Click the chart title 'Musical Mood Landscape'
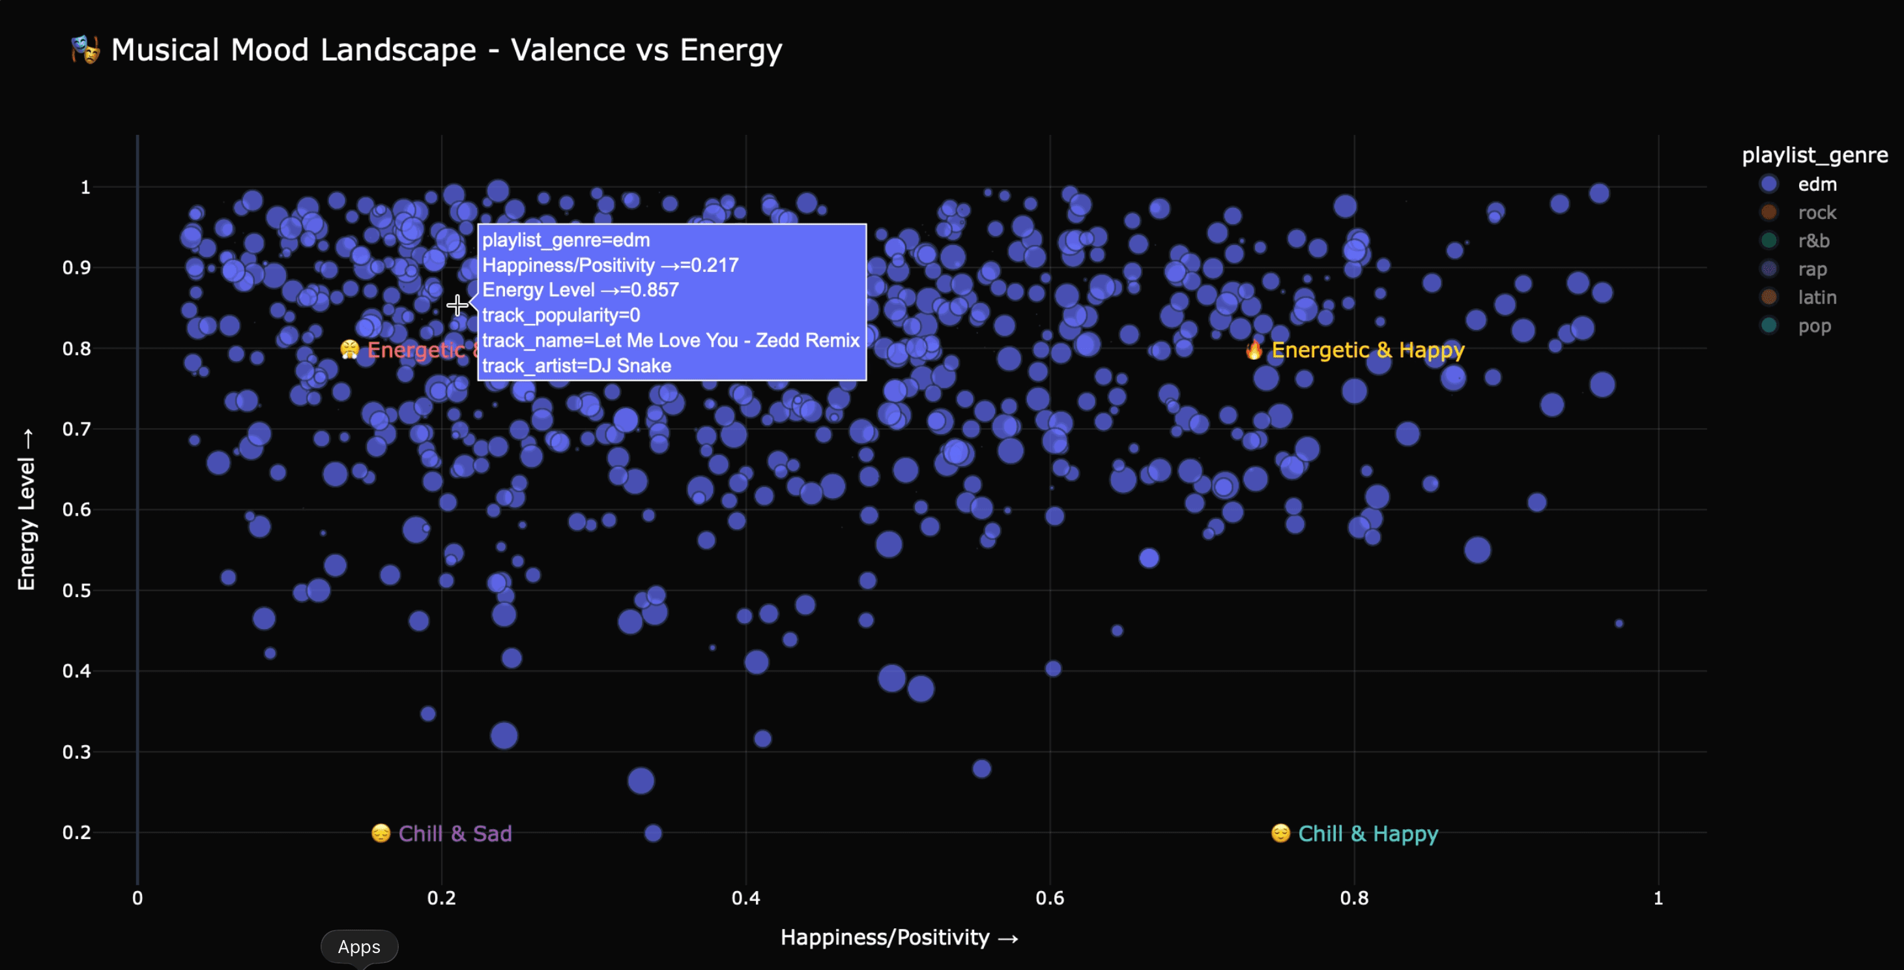[446, 50]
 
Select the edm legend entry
[1817, 184]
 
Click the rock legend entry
[1817, 213]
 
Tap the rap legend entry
[1812, 269]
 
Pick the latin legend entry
[1817, 297]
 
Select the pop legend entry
[1814, 326]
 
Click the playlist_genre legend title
[1815, 155]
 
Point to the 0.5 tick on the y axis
[76, 591]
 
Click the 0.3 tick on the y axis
[76, 752]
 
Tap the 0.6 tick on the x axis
[1050, 898]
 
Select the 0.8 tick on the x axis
[1354, 898]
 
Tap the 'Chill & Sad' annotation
[454, 834]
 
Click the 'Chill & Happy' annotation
[1367, 834]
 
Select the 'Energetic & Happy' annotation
[1367, 351]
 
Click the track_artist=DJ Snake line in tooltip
[577, 366]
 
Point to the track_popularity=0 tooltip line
[561, 316]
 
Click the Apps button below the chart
[359, 947]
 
